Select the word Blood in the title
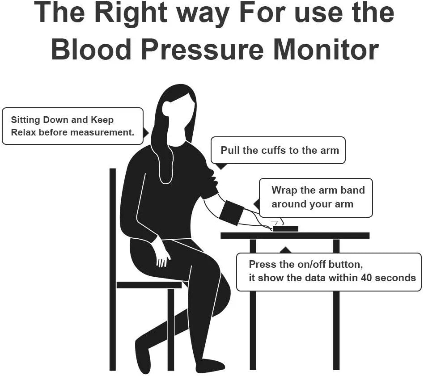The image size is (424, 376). [91, 49]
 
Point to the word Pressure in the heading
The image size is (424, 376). [202, 50]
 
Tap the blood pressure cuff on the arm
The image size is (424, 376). [232, 213]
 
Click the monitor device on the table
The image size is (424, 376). [285, 228]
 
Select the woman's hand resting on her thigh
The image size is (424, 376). [163, 254]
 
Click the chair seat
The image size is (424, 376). [149, 285]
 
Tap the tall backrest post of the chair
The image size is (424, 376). [113, 269]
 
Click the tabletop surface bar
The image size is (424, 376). [295, 236]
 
